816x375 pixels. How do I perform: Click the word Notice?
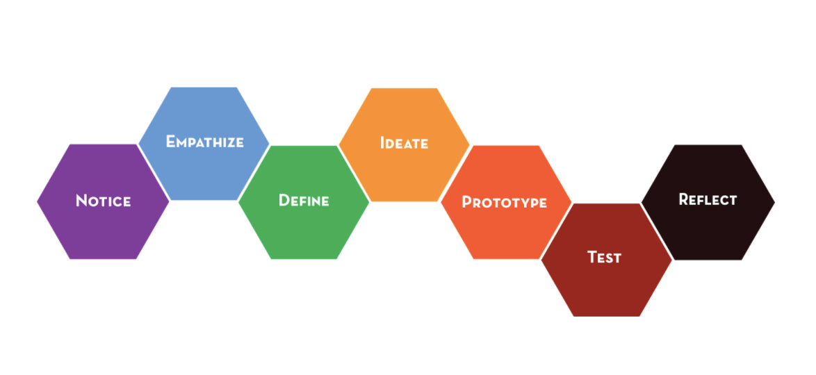point(103,201)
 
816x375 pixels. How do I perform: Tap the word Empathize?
point(204,142)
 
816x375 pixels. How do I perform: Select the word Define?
point(304,201)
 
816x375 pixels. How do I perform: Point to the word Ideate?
point(404,144)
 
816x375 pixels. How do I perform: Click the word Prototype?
point(505,203)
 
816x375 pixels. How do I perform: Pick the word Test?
point(604,258)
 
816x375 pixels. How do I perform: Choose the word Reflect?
point(708,200)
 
